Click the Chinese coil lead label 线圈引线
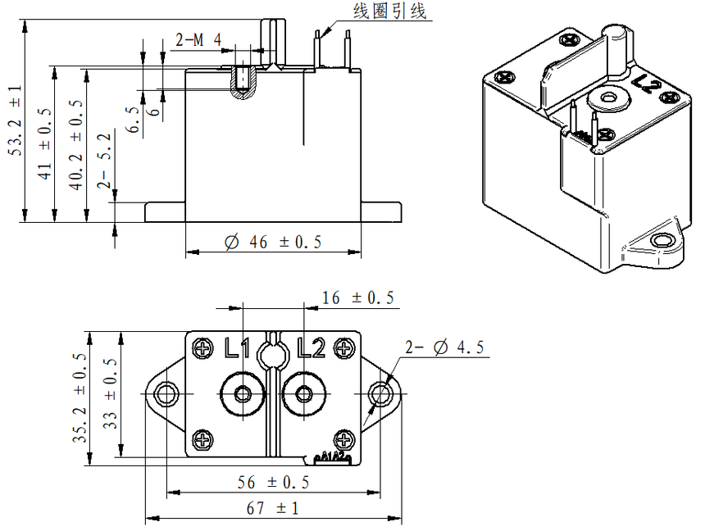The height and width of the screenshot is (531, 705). coord(389,11)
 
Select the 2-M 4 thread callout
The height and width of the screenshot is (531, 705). coord(199,39)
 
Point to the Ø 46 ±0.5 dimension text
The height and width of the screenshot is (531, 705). coord(273,242)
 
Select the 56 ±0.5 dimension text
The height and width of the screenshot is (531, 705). coord(273,482)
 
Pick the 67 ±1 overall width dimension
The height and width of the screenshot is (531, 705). coord(273,509)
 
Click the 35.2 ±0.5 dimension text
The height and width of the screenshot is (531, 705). coord(79,398)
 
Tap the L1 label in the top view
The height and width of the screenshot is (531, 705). coord(237,349)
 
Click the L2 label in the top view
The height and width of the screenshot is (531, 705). coord(312,349)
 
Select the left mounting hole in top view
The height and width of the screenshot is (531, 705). coord(166,393)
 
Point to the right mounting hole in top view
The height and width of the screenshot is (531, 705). coord(382,393)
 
